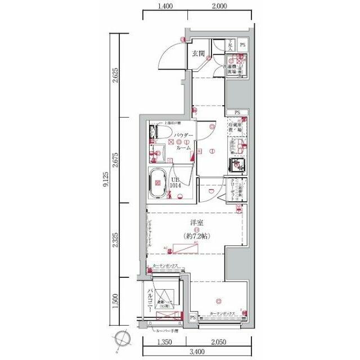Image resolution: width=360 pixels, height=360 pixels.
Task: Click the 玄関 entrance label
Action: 197,54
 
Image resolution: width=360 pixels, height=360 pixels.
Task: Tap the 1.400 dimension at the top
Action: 164,7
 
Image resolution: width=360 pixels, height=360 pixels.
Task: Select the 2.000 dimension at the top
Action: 219,7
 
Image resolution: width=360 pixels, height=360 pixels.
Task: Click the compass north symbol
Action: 123,340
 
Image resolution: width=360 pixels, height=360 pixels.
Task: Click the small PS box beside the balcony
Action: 192,318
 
